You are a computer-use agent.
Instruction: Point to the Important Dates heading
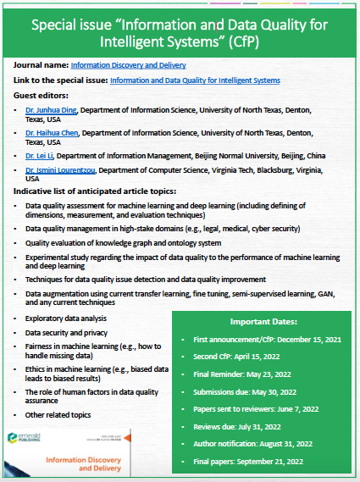[263, 322]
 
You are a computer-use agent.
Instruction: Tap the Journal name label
[41, 64]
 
